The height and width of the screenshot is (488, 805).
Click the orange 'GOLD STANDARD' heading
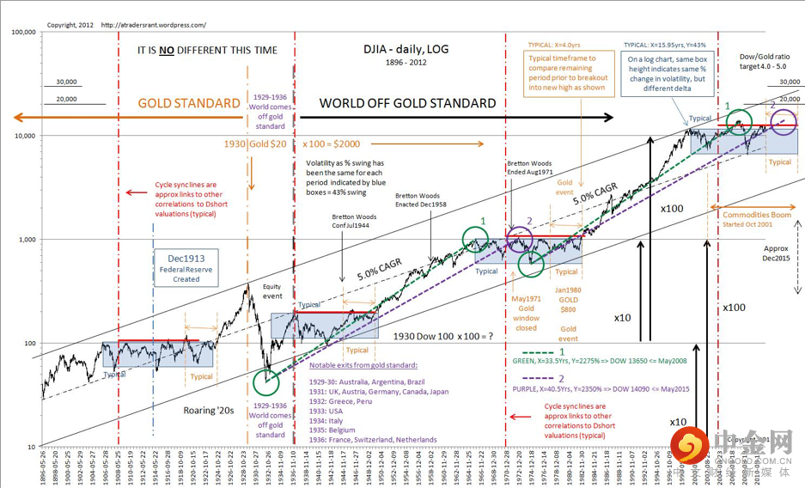(189, 103)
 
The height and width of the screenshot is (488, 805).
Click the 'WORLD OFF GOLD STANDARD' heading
(407, 103)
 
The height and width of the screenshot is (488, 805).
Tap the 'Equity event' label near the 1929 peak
(272, 290)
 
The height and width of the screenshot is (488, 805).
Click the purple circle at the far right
(783, 123)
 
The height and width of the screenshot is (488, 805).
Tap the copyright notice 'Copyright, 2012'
(69, 25)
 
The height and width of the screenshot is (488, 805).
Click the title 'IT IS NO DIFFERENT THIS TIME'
(207, 50)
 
